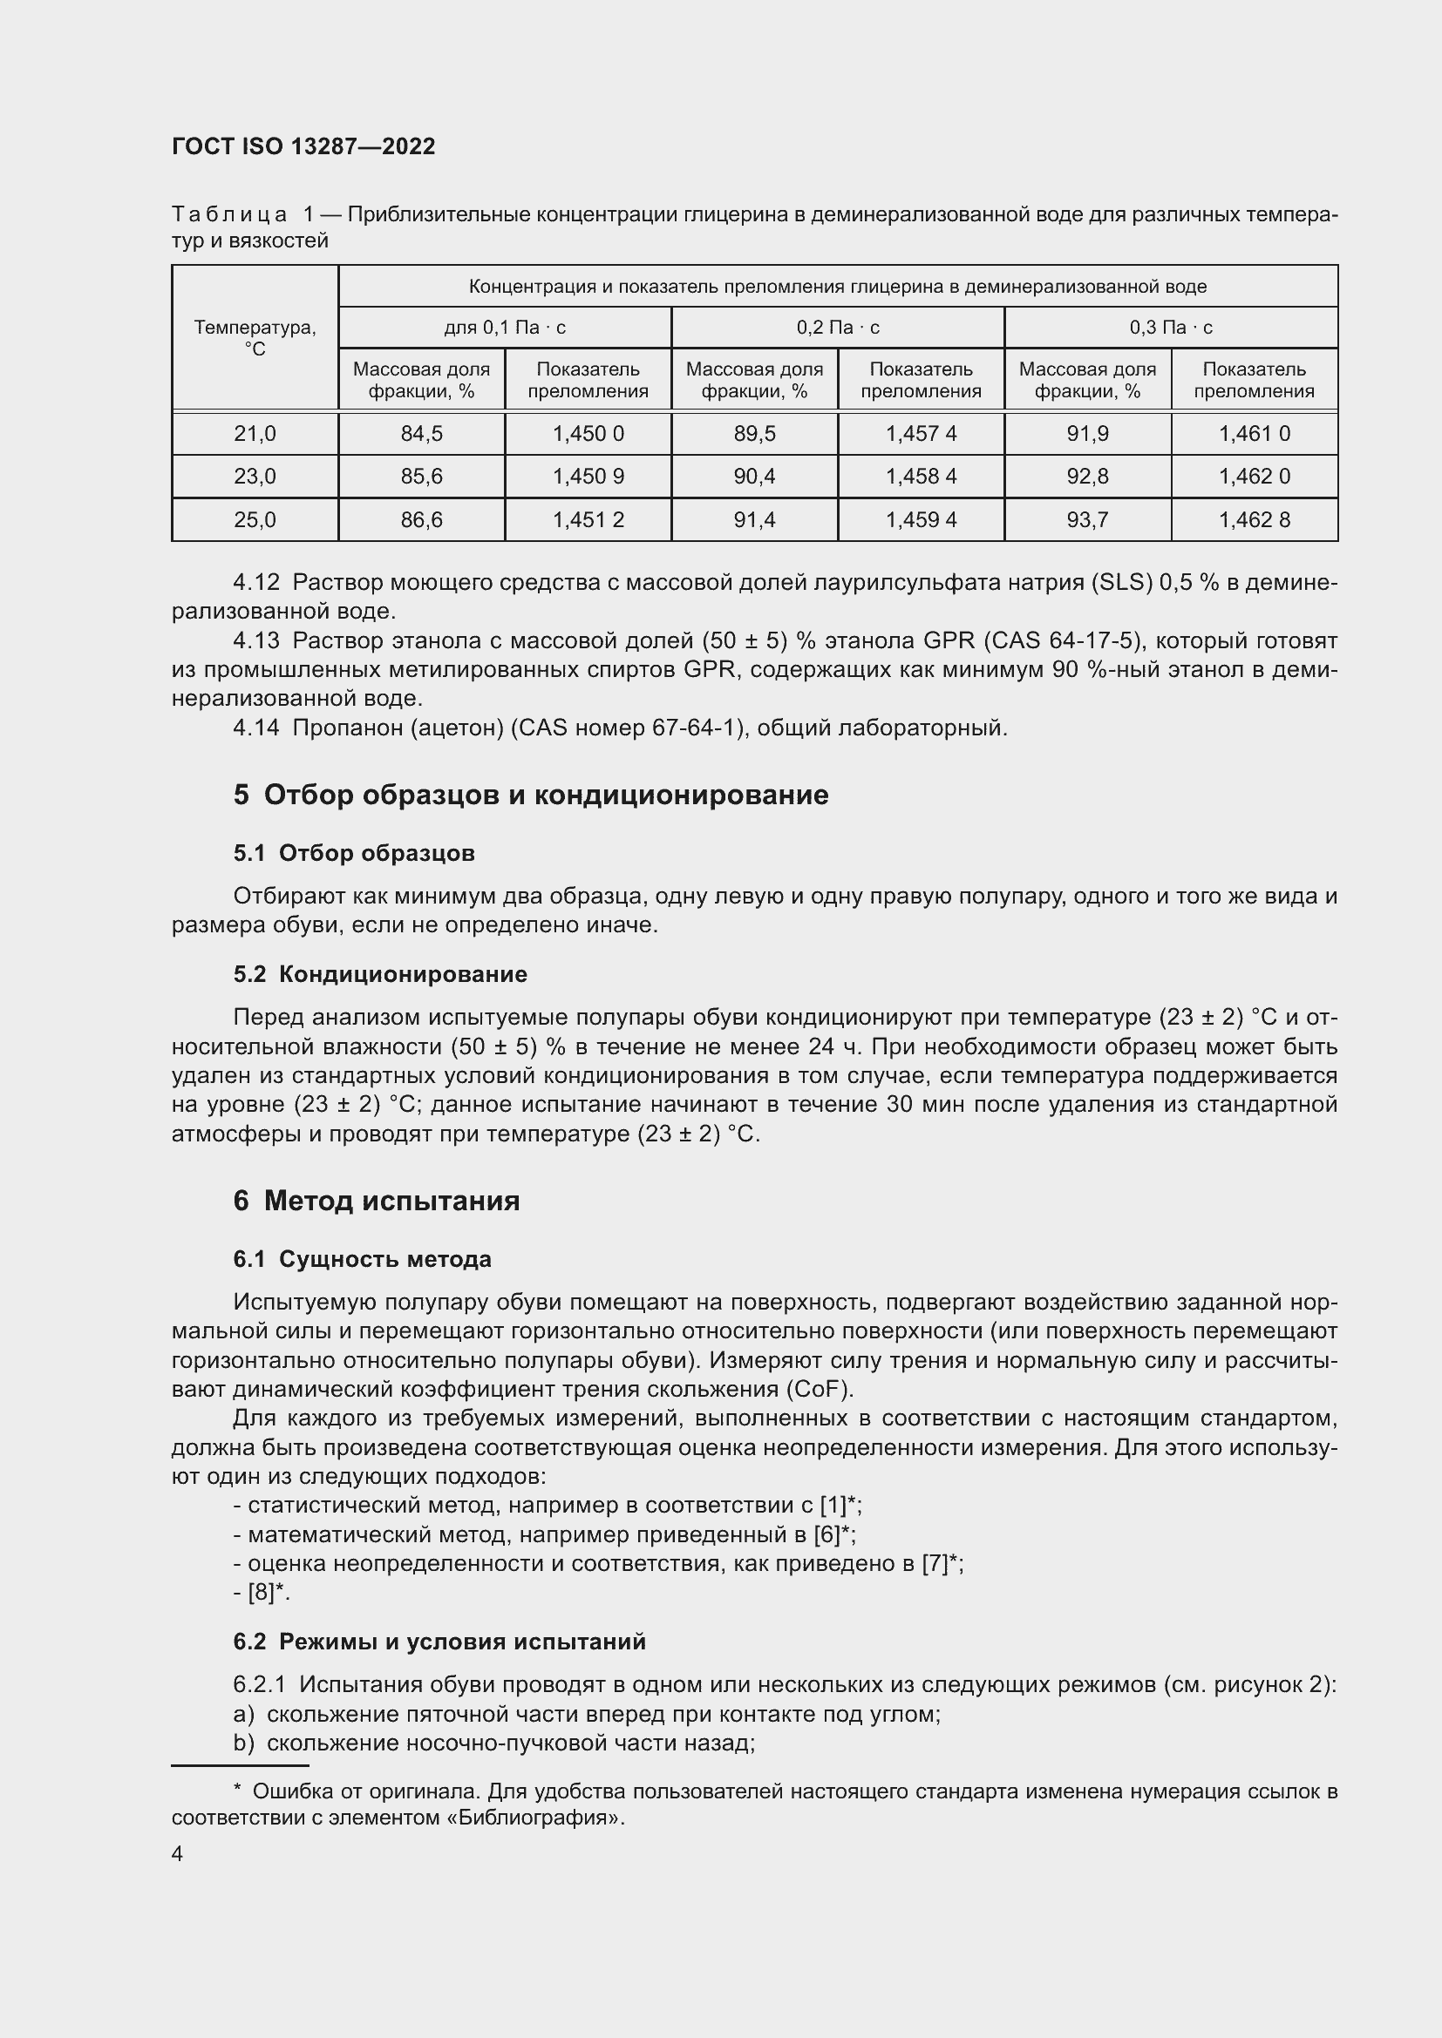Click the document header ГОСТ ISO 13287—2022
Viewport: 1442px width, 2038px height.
[303, 147]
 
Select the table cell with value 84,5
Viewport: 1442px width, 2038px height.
[421, 434]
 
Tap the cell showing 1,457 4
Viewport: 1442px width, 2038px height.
[921, 434]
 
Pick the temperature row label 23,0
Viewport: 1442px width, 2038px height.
[255, 477]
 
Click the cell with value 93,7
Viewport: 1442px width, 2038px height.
[1087, 520]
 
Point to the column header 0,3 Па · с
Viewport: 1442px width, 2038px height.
[1170, 328]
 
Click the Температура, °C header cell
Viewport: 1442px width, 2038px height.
[255, 338]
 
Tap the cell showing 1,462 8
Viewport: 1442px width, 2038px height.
[1254, 520]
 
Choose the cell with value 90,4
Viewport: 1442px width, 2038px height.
[754, 477]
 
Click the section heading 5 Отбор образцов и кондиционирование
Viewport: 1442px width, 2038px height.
[531, 795]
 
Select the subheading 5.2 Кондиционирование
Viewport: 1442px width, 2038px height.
[380, 974]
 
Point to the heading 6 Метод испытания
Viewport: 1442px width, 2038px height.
[377, 1201]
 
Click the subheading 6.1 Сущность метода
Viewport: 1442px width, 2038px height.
[363, 1259]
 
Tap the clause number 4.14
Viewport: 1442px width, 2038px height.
[255, 728]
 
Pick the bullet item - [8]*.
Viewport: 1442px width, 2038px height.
[262, 1593]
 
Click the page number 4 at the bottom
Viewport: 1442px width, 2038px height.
[178, 1853]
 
